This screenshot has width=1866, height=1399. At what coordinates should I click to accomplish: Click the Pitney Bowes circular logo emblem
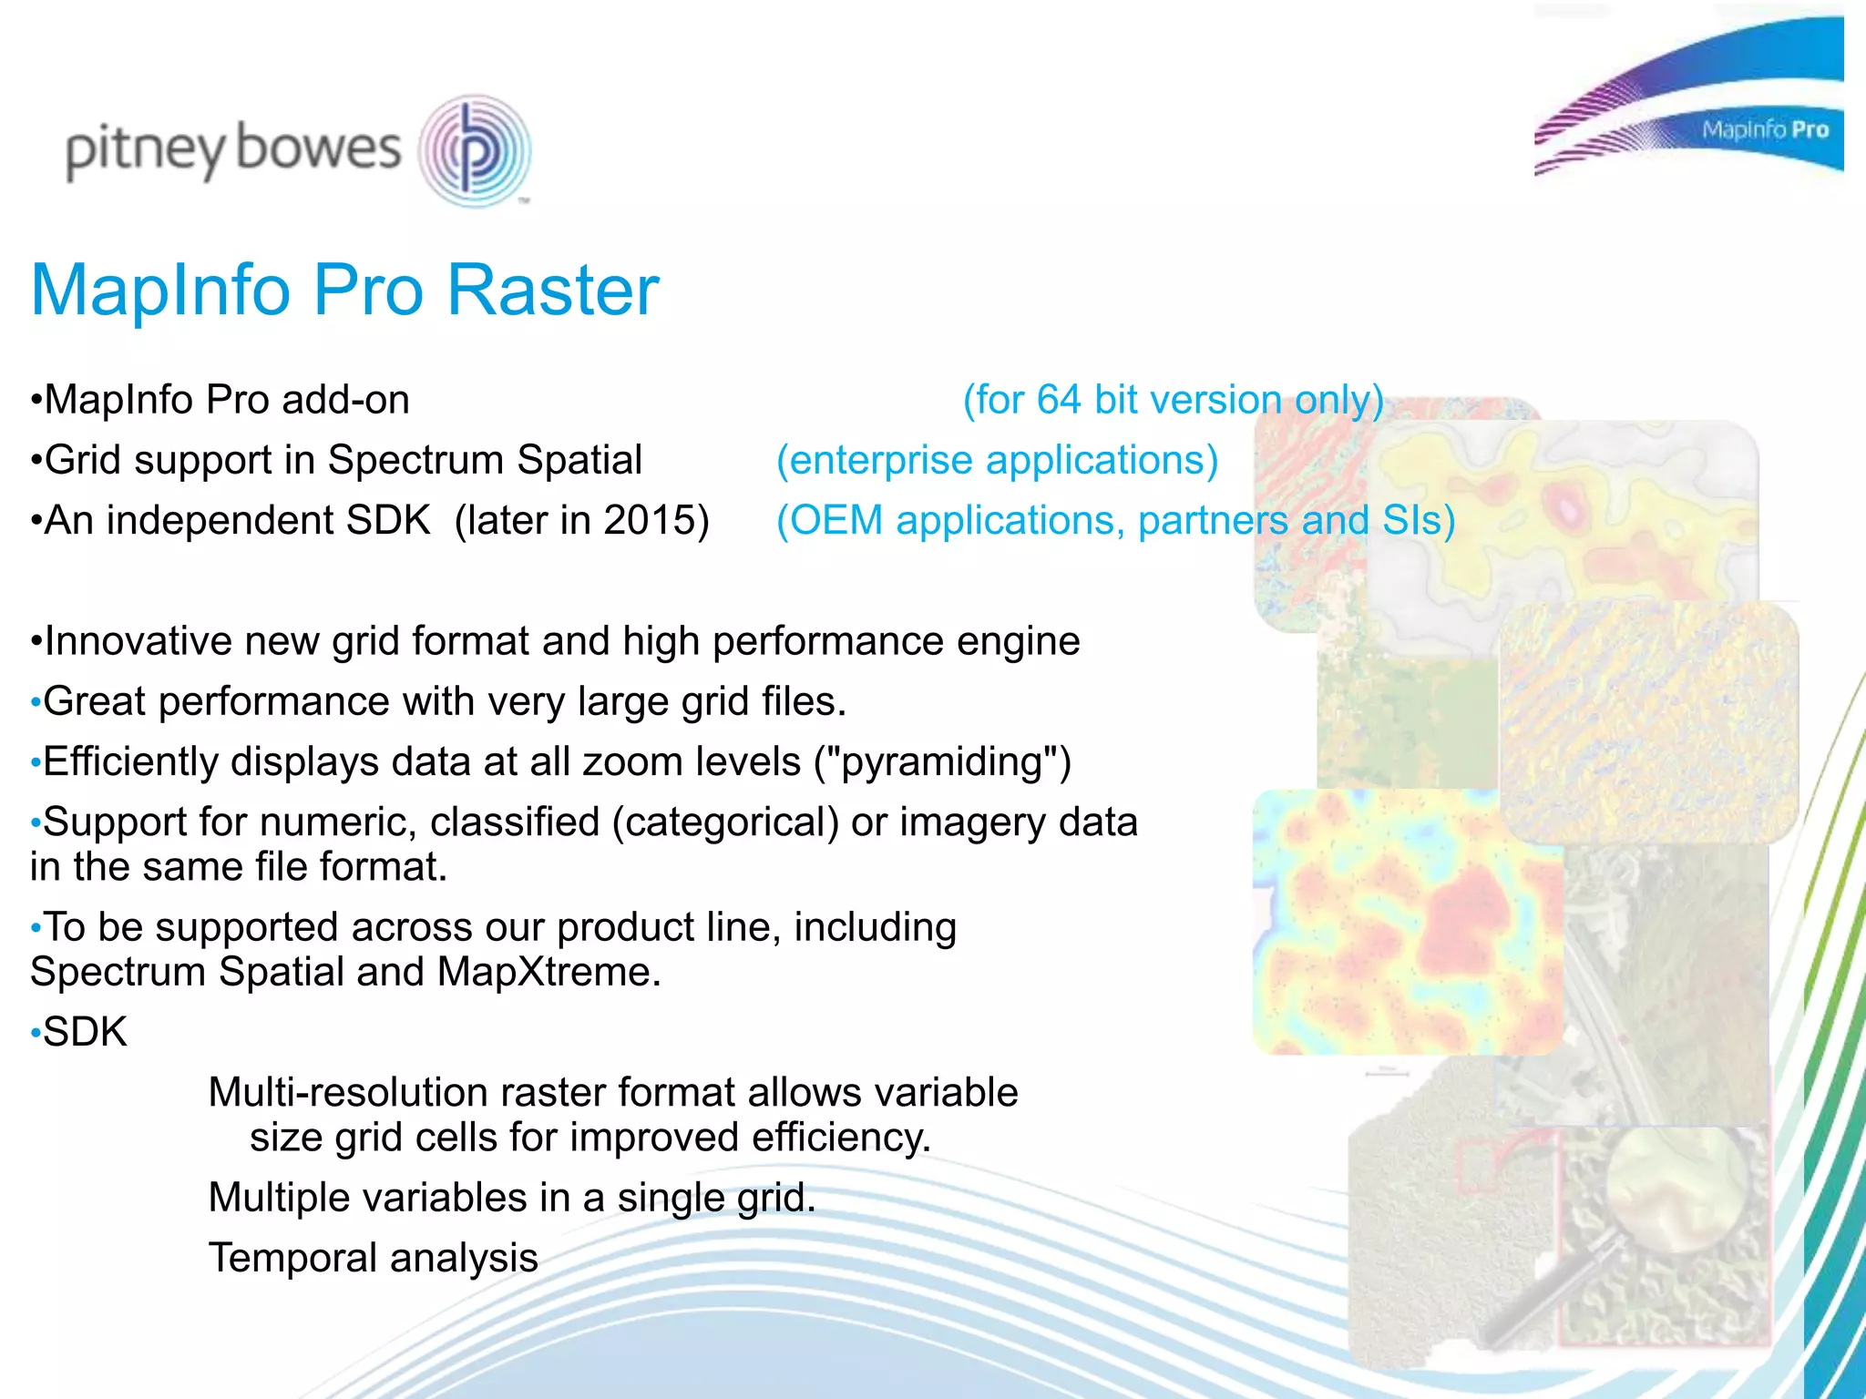474,150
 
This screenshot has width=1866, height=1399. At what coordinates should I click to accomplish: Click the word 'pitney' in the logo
144,150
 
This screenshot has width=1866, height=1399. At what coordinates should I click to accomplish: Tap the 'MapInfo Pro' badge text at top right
1765,130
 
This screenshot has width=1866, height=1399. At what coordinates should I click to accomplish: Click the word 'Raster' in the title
552,290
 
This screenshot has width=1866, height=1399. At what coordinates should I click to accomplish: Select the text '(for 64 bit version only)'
1173,400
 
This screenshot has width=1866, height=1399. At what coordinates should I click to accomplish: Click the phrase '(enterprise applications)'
997,460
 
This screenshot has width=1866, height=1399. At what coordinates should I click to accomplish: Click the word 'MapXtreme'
548,972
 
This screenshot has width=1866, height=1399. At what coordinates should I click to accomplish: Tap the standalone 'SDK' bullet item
85,1032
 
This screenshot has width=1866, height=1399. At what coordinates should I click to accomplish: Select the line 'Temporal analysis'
373,1258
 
